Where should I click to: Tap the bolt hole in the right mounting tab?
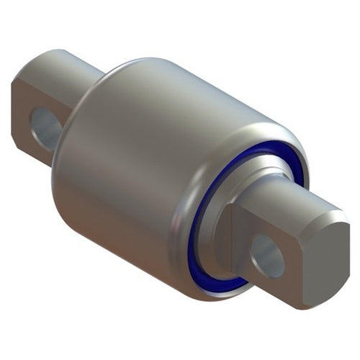coord(267,256)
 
